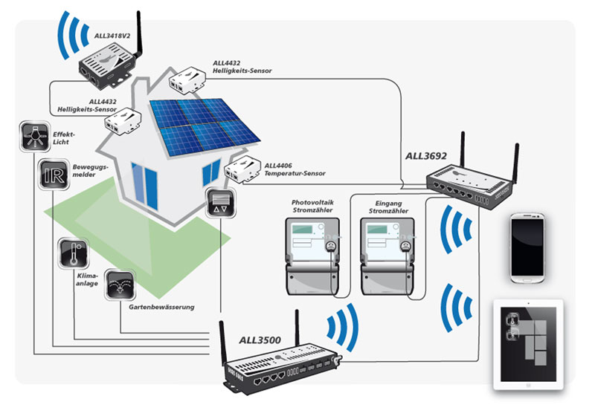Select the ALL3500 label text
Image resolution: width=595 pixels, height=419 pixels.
[260, 340]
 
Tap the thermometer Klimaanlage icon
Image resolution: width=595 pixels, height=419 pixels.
[74, 252]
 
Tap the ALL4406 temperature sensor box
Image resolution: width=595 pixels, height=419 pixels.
[242, 171]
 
